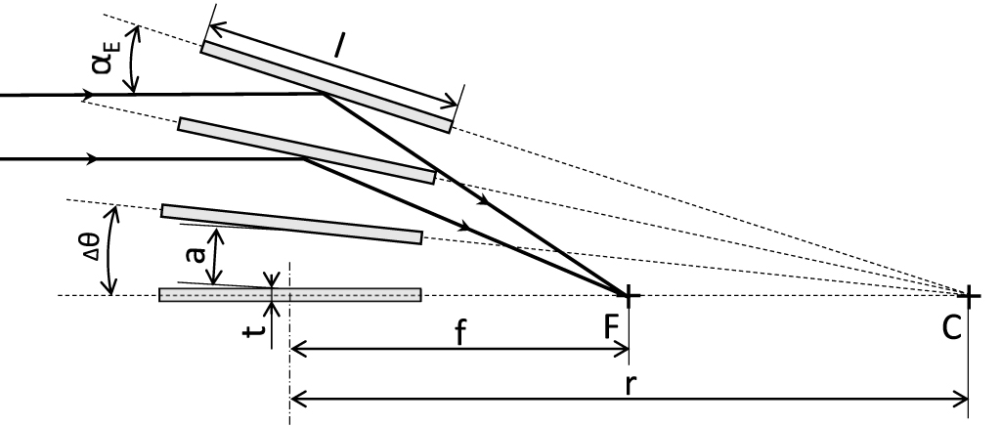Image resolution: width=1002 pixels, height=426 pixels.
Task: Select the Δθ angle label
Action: [87, 252]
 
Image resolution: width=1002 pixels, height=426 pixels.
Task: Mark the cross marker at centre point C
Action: [968, 295]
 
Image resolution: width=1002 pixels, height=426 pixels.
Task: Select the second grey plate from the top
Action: [306, 150]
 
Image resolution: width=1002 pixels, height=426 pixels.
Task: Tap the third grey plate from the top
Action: [291, 224]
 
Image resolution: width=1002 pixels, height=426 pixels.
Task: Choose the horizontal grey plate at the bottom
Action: [290, 295]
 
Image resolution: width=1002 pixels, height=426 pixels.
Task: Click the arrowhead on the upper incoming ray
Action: [90, 96]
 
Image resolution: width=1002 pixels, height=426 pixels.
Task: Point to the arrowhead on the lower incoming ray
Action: [91, 158]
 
